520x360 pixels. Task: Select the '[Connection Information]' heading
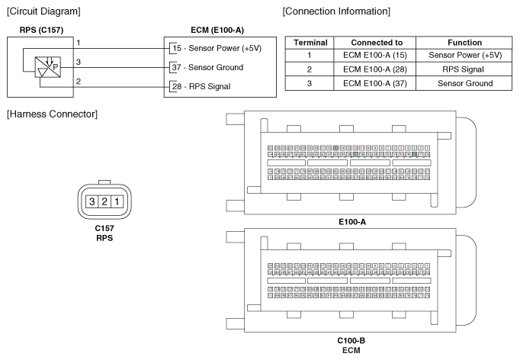point(336,12)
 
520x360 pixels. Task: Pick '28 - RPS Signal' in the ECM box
point(202,86)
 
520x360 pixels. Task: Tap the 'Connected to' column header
point(377,42)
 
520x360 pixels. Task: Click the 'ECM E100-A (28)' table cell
point(377,69)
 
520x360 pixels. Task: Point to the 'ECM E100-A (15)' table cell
point(377,55)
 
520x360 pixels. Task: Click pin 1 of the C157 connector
point(117,202)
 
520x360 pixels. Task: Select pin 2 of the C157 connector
point(104,202)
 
